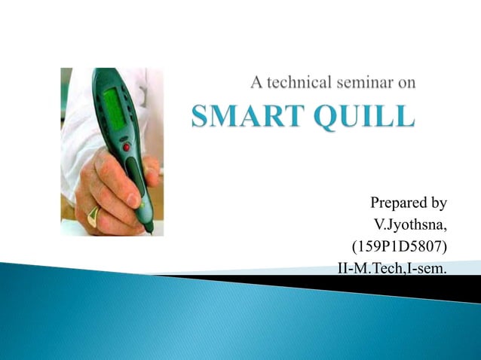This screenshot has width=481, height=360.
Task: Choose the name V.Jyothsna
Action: coord(410,224)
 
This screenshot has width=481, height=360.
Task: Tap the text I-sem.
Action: coord(425,267)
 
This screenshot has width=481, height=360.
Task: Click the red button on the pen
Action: coord(126,147)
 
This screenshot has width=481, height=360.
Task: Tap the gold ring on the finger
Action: coord(93,216)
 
